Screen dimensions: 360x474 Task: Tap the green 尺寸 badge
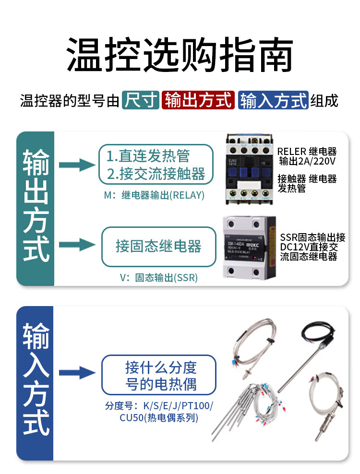140,100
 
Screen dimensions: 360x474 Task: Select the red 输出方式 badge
198,100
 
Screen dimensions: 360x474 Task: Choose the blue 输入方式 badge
273,100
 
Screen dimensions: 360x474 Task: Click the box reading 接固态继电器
158,247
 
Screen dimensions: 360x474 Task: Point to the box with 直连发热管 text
156,165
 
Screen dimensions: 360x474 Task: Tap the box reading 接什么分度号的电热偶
158,375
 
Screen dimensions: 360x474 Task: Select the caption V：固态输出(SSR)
159,278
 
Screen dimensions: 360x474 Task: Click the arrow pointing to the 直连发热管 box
77,165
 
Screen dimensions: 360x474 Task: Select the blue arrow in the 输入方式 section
77,372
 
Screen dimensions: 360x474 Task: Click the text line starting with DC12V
312,247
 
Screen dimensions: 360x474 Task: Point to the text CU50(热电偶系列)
158,418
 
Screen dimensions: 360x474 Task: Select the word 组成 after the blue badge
324,100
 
